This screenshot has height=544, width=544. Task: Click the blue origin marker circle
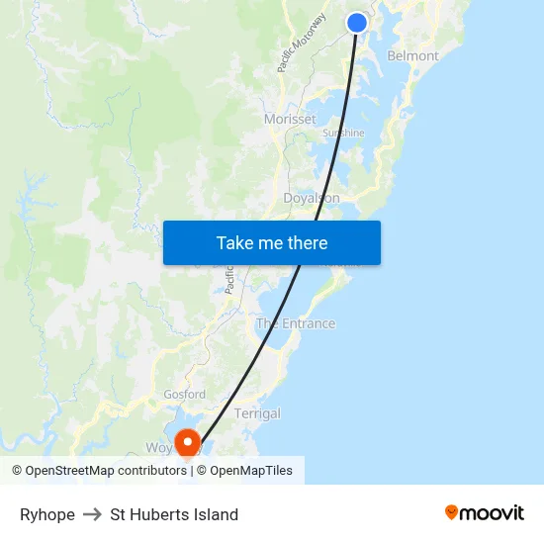[357, 23]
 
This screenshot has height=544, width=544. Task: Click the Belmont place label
[413, 56]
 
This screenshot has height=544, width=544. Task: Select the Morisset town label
[290, 120]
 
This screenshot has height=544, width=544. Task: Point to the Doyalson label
[312, 199]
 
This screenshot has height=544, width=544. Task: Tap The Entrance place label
[296, 323]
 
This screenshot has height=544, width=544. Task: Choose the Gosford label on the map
[184, 395]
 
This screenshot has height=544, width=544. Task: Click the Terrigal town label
[257, 414]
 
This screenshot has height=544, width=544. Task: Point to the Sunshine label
[343, 134]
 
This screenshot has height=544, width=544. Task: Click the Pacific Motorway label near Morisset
[303, 44]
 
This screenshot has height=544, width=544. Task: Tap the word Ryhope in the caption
[46, 514]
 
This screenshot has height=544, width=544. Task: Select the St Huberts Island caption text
[174, 514]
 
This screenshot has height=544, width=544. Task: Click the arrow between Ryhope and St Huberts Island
[92, 514]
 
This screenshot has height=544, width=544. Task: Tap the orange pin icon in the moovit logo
[452, 512]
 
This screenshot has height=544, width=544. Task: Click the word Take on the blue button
[235, 243]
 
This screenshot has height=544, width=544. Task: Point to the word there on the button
[306, 243]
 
